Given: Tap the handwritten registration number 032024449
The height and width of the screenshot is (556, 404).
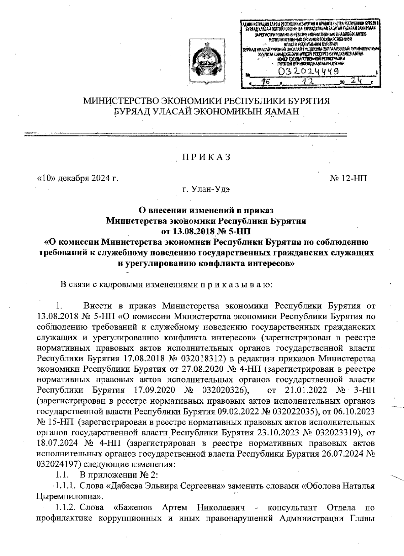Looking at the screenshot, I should (307, 71).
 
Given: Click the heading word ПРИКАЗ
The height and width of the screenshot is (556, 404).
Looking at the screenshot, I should (206, 157).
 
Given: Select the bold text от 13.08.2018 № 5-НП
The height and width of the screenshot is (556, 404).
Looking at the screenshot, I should (206, 231).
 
